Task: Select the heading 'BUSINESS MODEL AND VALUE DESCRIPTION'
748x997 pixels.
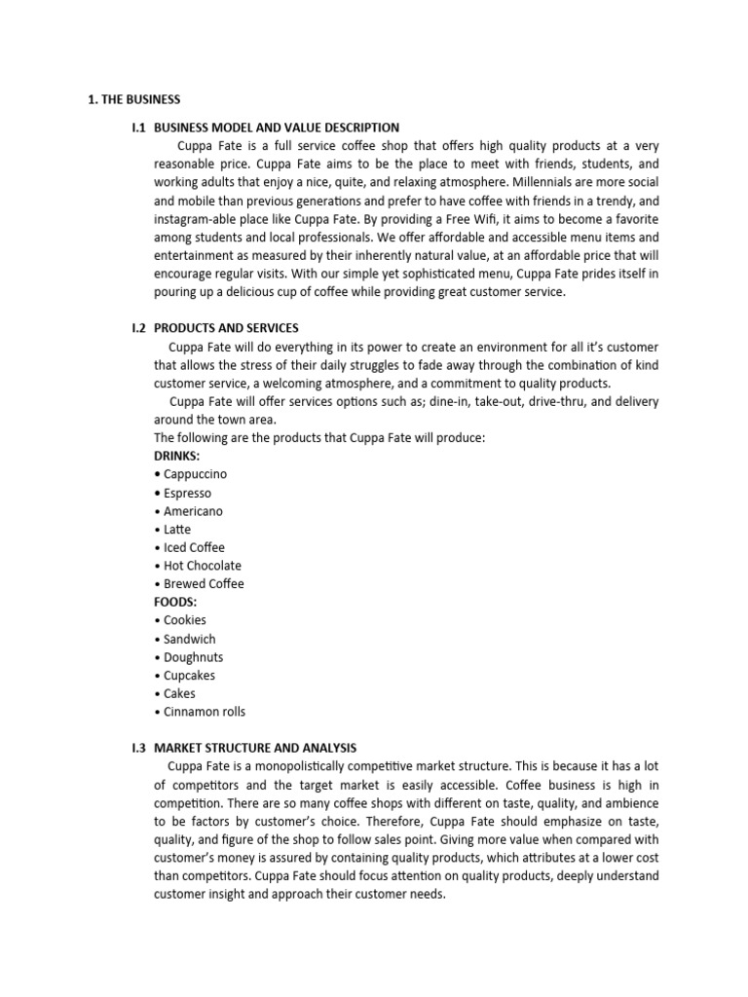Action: [277, 128]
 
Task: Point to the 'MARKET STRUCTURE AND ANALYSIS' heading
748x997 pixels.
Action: [255, 748]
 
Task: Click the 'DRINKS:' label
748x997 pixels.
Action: [177, 456]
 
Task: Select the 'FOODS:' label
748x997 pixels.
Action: [175, 602]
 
